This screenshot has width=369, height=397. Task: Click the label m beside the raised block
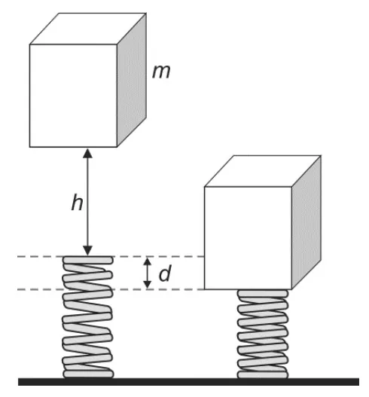pos(161,72)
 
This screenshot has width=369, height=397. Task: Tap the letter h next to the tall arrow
pos(77,202)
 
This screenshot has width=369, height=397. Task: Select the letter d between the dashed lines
pos(165,273)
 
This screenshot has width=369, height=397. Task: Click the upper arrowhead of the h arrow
pos(87,154)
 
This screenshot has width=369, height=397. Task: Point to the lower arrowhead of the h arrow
pos(87,251)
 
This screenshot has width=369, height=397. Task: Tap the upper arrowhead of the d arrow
pos(148,261)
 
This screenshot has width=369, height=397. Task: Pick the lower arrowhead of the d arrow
pos(148,285)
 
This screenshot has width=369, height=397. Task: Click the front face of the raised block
pos(73,96)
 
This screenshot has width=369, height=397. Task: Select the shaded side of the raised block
pos(132,80)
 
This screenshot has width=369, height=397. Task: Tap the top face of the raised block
pos(88,29)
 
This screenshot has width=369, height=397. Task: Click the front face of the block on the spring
pos(248,238)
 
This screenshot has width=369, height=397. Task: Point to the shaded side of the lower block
pos(306,222)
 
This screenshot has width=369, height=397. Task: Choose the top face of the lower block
pos(263,171)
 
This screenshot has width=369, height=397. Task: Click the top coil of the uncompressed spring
pos(88,260)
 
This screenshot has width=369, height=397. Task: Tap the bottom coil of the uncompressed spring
pos(88,374)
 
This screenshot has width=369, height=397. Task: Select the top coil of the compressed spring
pos(263,294)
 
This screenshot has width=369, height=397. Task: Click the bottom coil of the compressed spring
pos(263,374)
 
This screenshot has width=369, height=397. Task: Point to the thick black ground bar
pos(188,382)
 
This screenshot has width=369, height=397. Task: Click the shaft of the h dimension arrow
pos(87,202)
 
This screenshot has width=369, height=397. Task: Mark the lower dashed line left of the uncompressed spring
pos(40,289)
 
